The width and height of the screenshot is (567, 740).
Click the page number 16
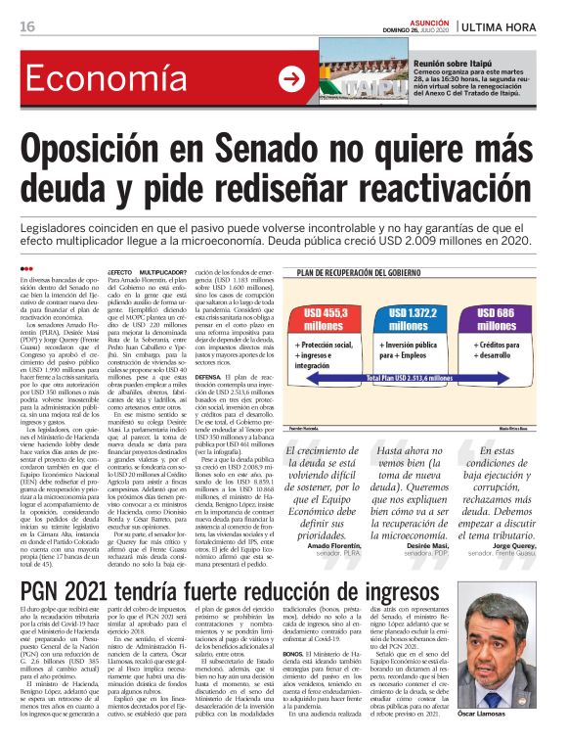27,25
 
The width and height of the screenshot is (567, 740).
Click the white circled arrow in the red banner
290,78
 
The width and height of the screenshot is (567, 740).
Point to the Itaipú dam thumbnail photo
348,78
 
